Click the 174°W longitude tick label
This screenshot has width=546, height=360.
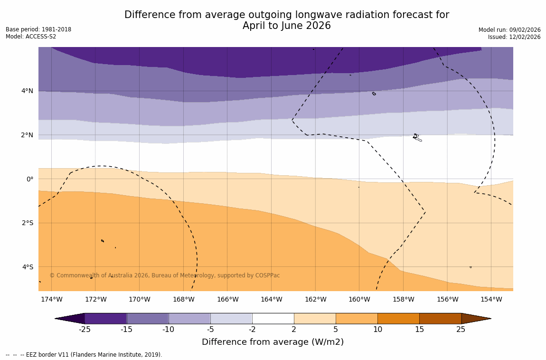point(51,299)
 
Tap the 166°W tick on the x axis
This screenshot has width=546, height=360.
point(227,299)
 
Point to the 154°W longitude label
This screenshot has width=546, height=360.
point(491,299)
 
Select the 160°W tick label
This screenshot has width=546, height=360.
point(359,299)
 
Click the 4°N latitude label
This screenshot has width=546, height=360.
point(27,91)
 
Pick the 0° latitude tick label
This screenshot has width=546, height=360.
point(29,179)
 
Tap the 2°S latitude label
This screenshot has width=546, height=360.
point(27,223)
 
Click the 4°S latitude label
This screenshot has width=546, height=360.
point(27,267)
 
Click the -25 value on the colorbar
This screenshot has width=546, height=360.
point(85,330)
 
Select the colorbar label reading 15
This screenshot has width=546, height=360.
point(419,330)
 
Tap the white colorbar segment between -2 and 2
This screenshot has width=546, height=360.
point(273,318)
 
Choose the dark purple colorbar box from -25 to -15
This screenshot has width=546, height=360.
point(105,318)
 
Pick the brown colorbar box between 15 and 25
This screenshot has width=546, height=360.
point(440,318)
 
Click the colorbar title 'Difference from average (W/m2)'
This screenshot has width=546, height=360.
point(273,342)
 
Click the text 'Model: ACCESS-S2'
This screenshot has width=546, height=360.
point(31,37)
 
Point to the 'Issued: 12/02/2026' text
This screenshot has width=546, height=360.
point(514,37)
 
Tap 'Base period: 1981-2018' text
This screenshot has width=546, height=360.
point(38,29)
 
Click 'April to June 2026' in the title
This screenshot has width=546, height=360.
point(286,26)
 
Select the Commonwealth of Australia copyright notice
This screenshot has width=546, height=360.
point(165,275)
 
